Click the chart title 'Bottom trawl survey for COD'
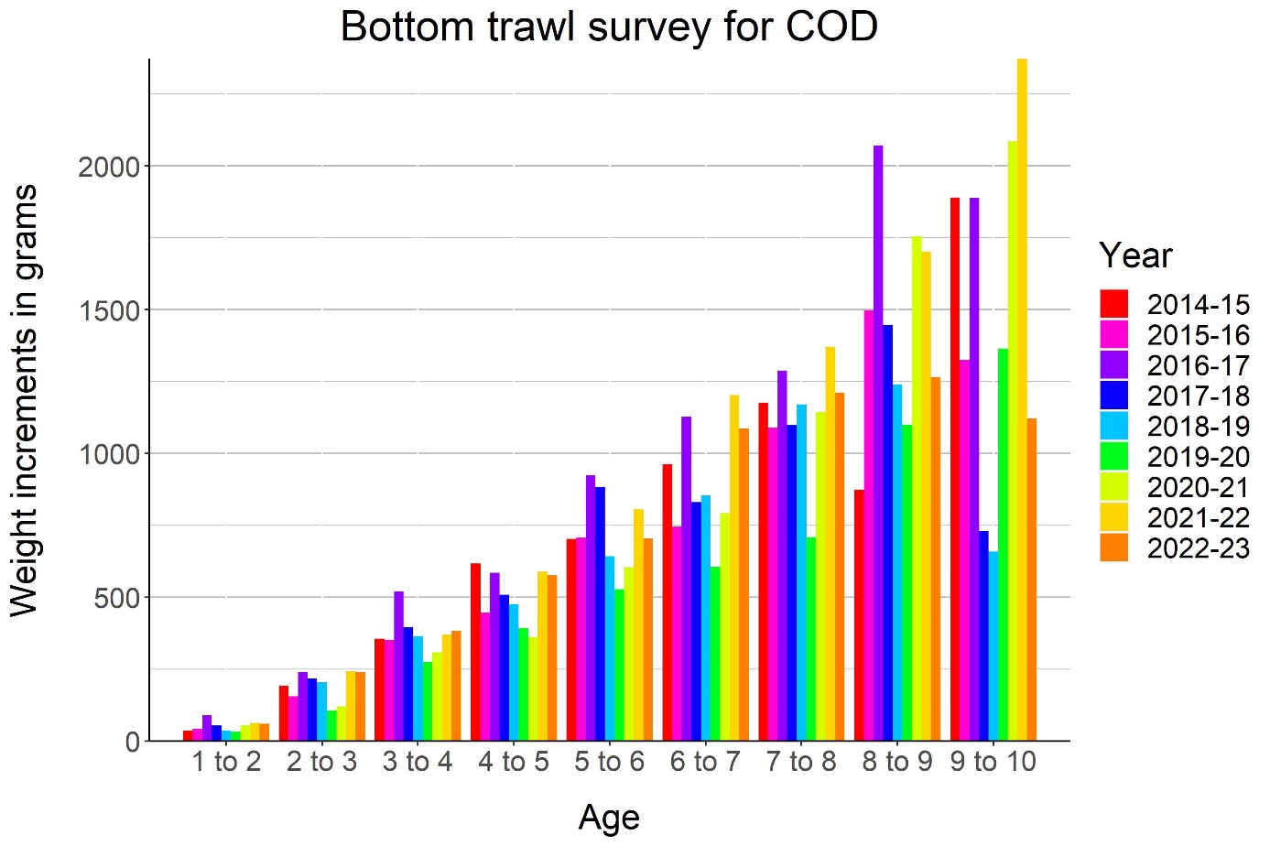(609, 27)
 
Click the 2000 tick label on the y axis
(109, 168)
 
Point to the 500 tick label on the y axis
(117, 598)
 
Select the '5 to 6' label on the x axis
(609, 762)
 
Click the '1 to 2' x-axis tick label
(226, 762)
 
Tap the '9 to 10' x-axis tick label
(993, 762)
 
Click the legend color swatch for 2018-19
(1114, 426)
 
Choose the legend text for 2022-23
(1198, 548)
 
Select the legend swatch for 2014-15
(1114, 304)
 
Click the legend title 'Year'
(1135, 255)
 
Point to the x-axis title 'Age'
(609, 818)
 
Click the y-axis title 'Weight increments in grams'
(25, 400)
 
